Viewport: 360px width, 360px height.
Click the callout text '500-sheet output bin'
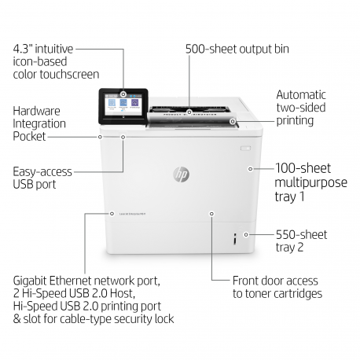coord(237,49)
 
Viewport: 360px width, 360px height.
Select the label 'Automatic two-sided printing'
coord(295,107)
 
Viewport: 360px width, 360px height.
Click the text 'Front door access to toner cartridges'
coord(277,286)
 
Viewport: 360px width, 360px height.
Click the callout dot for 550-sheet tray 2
coord(245,234)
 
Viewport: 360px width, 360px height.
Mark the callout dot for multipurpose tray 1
coord(249,167)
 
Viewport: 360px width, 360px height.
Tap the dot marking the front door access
coord(211,213)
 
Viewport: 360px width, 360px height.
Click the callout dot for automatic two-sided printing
coord(233,121)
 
